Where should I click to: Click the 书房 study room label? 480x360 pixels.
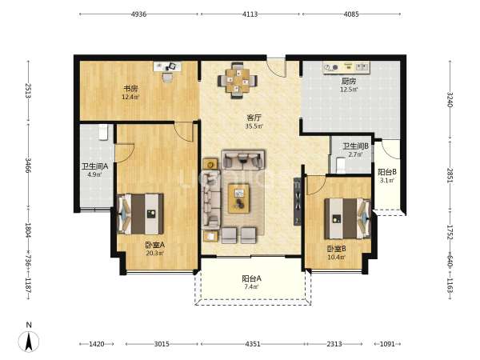[130, 89]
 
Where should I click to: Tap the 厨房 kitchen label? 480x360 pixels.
[349, 81]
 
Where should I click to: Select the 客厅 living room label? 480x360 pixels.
[254, 118]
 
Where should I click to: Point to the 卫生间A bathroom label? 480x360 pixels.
[94, 166]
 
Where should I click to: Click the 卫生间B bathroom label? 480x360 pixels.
[355, 146]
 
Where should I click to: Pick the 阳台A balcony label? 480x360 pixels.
[251, 278]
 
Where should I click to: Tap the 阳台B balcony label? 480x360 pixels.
[387, 172]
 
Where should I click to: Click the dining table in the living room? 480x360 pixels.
[238, 81]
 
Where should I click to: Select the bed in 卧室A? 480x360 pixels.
[140, 214]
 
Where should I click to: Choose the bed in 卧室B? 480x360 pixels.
[348, 218]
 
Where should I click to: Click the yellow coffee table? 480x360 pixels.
[238, 198]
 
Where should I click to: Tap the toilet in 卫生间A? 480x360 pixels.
[103, 132]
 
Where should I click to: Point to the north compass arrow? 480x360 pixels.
[29, 342]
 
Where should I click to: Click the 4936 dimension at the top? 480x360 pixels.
[138, 14]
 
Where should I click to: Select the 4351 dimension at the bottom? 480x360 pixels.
[253, 344]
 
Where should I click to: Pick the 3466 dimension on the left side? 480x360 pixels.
[28, 166]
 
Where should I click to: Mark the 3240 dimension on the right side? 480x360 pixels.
[450, 99]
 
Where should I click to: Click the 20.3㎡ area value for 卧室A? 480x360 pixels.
[155, 253]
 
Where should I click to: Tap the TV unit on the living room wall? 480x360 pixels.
[298, 202]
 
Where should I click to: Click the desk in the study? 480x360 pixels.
[167, 66]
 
